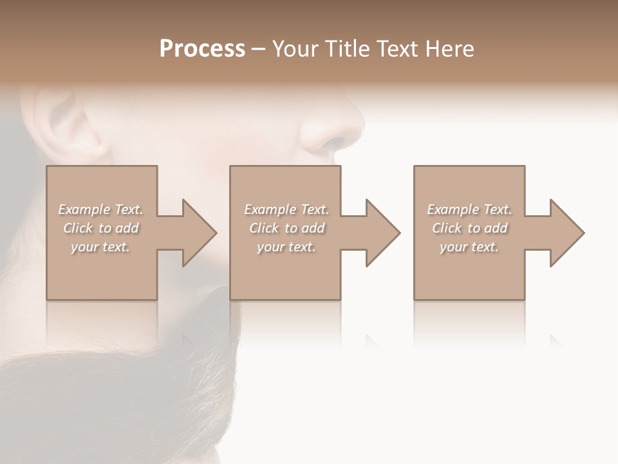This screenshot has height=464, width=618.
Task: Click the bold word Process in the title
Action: (x=202, y=49)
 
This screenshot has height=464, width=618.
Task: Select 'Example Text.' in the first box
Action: (x=100, y=209)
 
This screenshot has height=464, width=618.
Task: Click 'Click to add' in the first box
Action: (x=100, y=228)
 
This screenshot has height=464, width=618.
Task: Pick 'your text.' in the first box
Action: (x=100, y=247)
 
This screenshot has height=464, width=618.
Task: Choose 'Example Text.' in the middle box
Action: (x=286, y=209)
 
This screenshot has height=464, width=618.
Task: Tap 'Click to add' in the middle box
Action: (x=286, y=228)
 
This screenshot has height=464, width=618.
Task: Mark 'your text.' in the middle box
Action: (x=286, y=247)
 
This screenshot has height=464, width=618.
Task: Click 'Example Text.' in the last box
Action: (x=469, y=209)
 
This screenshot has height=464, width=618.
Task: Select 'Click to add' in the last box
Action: (x=469, y=228)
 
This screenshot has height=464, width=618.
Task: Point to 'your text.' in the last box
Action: (x=469, y=247)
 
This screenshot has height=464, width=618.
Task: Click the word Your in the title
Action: (x=295, y=49)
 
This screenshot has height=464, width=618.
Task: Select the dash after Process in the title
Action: (x=259, y=50)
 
